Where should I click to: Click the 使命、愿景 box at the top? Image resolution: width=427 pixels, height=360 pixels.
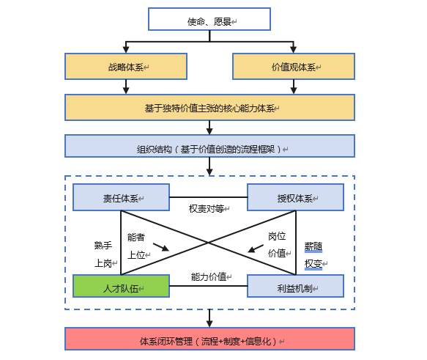point(209,19)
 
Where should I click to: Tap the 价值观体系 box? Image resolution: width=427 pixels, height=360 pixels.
point(294,66)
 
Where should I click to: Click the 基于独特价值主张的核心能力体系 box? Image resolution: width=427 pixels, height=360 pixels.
point(209,107)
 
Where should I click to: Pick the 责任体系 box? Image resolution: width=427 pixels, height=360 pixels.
point(121,197)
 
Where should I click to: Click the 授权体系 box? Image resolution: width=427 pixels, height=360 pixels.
point(295,197)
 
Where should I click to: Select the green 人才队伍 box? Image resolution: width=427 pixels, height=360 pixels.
point(121,286)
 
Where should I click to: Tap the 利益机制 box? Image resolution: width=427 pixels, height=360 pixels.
point(295,286)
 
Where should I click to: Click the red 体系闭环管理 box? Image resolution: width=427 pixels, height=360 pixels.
point(209,339)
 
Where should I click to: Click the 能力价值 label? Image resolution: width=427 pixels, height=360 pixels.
point(209,276)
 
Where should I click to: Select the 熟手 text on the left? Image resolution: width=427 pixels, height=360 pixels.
point(103,246)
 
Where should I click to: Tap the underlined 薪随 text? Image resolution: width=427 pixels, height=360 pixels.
point(313,246)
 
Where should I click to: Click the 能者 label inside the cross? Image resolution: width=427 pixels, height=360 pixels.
point(136,237)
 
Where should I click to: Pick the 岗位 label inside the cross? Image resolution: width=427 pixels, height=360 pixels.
point(276,236)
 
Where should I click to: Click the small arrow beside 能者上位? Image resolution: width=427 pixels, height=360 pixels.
point(161,246)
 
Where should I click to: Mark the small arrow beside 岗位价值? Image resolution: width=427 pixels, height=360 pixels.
point(256,248)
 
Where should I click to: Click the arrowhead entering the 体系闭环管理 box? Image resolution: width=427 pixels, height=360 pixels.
point(209,323)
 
